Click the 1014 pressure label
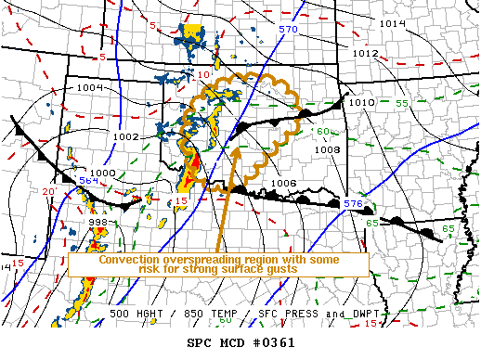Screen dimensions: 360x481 coord(394,22)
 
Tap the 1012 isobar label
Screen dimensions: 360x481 coord(364,54)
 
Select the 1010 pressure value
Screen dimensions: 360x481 coord(361,102)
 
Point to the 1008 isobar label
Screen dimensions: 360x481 coord(329,149)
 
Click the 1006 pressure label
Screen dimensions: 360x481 coord(284,183)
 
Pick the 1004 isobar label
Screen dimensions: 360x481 coord(90,87)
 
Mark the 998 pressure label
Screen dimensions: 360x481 coord(97,223)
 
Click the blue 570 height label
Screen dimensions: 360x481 coord(288,30)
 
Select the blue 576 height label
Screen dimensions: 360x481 coord(353,203)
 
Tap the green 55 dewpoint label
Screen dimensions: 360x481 coord(402,103)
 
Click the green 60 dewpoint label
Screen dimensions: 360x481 coord(322,131)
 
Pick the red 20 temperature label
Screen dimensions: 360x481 coord(48,191)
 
